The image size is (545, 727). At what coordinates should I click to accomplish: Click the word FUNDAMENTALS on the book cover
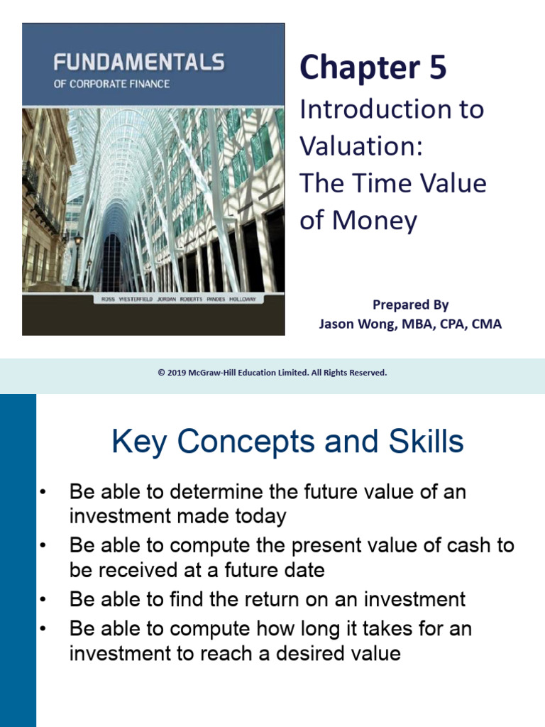[139, 63]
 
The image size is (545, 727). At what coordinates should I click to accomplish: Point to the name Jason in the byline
[338, 324]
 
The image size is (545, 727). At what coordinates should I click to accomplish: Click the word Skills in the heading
[419, 442]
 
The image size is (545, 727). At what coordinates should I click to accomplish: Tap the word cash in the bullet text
[461, 546]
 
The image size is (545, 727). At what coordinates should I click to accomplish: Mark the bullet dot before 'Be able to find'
[43, 600]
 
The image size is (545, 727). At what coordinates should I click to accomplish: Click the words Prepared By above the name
[410, 305]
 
